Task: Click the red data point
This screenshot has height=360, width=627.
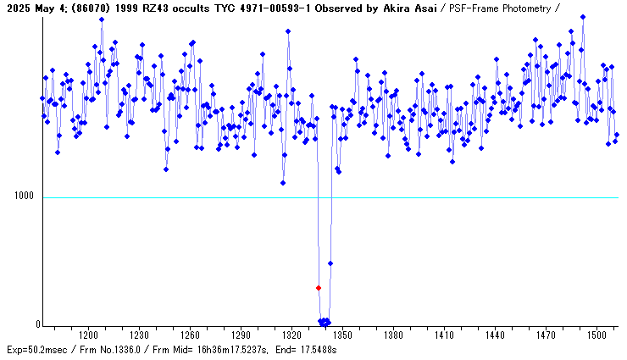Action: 319,288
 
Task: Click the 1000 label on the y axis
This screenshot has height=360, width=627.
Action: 25,197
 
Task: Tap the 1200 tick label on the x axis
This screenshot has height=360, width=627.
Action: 87,335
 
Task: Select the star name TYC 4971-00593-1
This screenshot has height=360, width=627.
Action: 249,8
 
